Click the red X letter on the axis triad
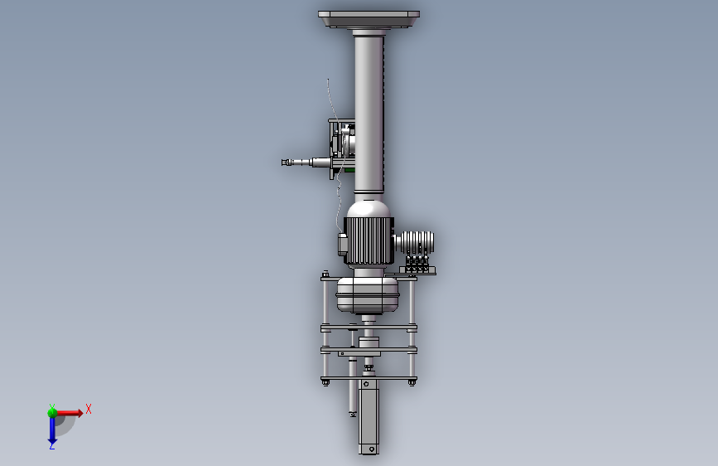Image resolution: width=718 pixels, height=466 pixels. pyautogui.click(x=89, y=409)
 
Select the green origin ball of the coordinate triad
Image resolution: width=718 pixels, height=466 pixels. pyautogui.click(x=52, y=413)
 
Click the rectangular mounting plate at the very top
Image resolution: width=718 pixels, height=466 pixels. pyautogui.click(x=369, y=19)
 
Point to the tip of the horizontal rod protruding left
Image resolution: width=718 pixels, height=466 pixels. pyautogui.click(x=283, y=163)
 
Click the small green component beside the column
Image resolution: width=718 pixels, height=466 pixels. pyautogui.click(x=349, y=170)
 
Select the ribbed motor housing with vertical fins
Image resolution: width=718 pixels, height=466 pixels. pyautogui.click(x=369, y=240)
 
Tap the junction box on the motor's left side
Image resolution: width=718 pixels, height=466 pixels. pyautogui.click(x=342, y=244)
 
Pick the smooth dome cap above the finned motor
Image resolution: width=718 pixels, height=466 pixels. pyautogui.click(x=369, y=209)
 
